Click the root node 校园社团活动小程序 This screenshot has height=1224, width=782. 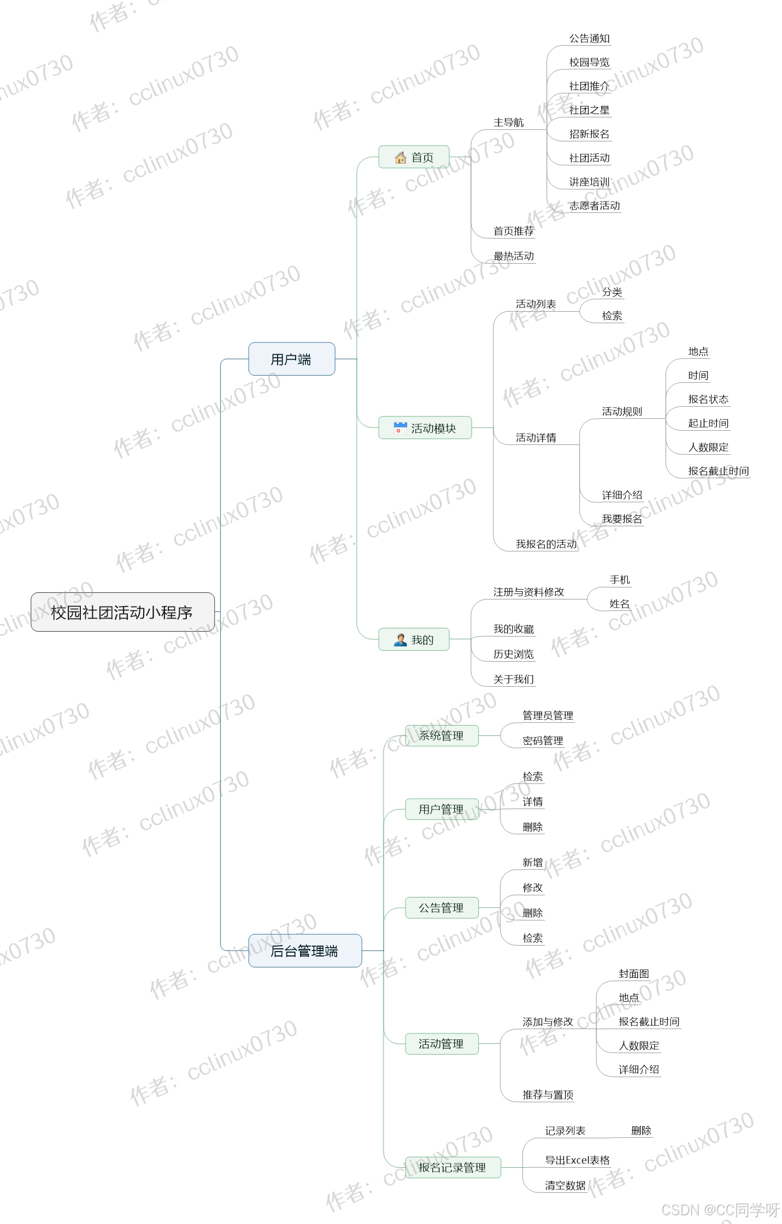point(122,612)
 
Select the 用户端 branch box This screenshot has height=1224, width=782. point(291,359)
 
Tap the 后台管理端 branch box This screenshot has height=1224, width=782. point(304,951)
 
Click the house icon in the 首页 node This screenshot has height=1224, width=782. point(401,158)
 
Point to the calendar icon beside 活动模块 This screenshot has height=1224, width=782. point(401,428)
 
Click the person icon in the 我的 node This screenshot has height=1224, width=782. point(401,640)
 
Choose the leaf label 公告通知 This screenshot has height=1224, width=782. point(589,39)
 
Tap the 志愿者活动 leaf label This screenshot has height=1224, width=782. point(595,206)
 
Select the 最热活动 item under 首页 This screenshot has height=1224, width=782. point(513,256)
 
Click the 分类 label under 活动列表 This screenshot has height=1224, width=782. point(612,292)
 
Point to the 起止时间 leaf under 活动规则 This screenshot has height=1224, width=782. point(708,423)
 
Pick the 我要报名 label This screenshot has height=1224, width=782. point(622,519)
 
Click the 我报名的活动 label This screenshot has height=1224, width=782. point(546,544)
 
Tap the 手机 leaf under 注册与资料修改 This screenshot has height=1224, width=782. point(620,580)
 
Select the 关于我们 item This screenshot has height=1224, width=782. point(513,679)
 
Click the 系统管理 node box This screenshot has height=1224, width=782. point(441,735)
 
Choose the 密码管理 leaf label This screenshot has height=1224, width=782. point(543,741)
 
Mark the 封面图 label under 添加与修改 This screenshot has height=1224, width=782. point(634,974)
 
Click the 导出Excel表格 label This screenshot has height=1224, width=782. point(577,1160)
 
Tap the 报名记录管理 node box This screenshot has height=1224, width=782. point(452,1167)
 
